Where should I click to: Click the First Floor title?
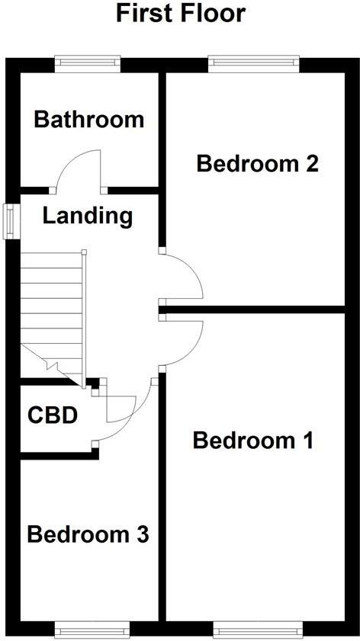(181, 14)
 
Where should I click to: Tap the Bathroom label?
(89, 120)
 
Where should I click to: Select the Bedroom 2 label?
(257, 163)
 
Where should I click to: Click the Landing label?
(87, 216)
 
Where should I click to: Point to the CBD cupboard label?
(53, 415)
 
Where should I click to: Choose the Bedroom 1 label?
(252, 441)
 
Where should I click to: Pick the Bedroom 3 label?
(87, 534)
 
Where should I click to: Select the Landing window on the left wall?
(11, 222)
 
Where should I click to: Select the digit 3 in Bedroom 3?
(141, 534)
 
